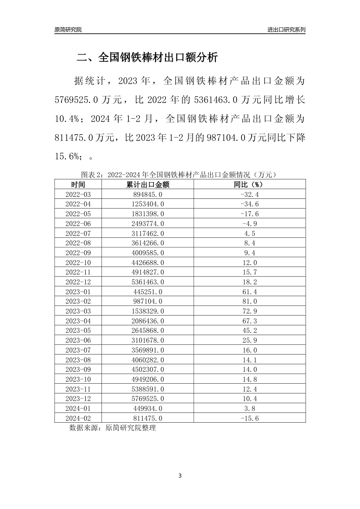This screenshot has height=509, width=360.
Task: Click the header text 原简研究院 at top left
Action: point(68,30)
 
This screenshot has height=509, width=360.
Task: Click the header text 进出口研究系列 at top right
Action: point(286,30)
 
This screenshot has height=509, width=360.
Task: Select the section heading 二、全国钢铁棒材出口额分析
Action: point(147,58)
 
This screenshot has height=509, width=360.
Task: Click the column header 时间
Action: point(78,184)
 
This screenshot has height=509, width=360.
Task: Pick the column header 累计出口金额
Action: point(147,184)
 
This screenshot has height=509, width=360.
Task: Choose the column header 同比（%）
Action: point(249,184)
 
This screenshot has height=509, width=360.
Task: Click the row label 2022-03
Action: point(78,194)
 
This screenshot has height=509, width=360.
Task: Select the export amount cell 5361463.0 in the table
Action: point(147,282)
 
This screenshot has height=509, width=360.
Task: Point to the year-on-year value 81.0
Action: point(249,301)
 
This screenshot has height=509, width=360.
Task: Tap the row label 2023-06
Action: point(78,340)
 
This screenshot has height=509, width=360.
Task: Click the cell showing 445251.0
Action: point(147,292)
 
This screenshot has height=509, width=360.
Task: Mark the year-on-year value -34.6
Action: point(249,204)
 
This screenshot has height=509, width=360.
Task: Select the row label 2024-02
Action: point(78,418)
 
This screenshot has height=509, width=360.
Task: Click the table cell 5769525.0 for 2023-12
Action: point(147,399)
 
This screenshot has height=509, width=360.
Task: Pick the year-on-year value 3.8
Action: point(249,409)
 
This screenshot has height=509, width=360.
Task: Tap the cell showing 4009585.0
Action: point(147,253)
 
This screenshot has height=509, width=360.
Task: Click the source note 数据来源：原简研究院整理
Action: point(113,428)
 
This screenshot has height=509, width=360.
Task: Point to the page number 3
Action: point(180,476)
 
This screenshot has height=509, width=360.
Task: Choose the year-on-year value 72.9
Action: point(249,311)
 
